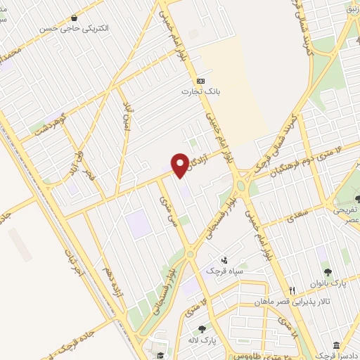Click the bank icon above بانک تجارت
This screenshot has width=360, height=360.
200,80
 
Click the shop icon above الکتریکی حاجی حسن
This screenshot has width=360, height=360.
74,18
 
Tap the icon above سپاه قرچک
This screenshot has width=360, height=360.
224,259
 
